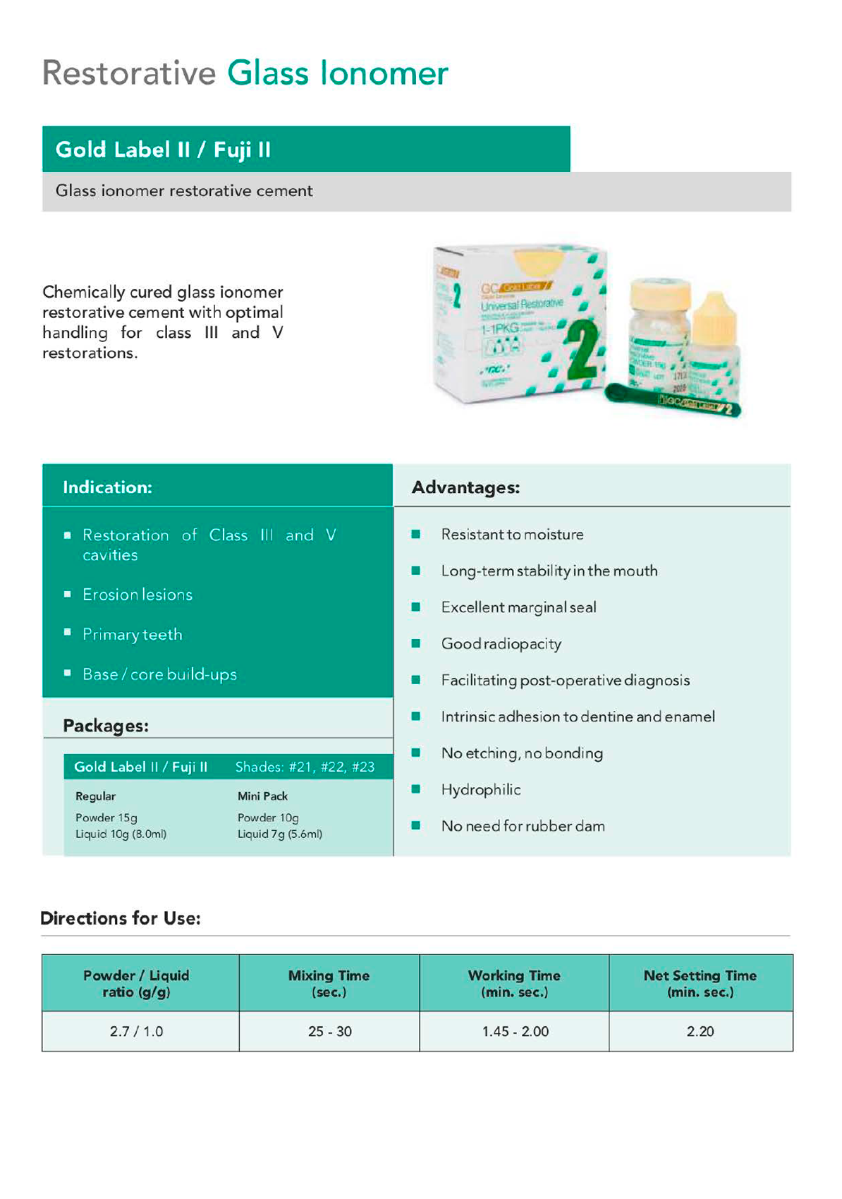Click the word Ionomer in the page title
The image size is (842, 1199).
pyautogui.click(x=384, y=73)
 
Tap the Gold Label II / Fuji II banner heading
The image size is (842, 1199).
pyautogui.click(x=163, y=150)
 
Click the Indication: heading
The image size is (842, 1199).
pyautogui.click(x=107, y=487)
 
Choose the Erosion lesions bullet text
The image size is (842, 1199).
pyautogui.click(x=138, y=595)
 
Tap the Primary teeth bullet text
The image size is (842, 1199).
pyautogui.click(x=133, y=634)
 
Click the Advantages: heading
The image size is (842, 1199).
pyautogui.click(x=465, y=487)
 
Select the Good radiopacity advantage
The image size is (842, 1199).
pyautogui.click(x=501, y=644)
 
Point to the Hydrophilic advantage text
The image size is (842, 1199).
pyautogui.click(x=481, y=789)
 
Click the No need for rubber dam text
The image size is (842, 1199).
pyautogui.click(x=523, y=826)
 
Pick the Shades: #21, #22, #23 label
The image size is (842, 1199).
pyautogui.click(x=305, y=767)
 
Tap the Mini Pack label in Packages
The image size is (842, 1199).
pyautogui.click(x=262, y=796)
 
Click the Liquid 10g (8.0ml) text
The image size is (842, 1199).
pyautogui.click(x=121, y=834)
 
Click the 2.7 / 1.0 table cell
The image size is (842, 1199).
pyautogui.click(x=136, y=1031)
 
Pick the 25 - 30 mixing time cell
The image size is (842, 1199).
pyautogui.click(x=329, y=1031)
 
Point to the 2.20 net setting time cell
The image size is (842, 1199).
pyautogui.click(x=700, y=1031)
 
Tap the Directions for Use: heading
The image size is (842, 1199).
pyautogui.click(x=121, y=918)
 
